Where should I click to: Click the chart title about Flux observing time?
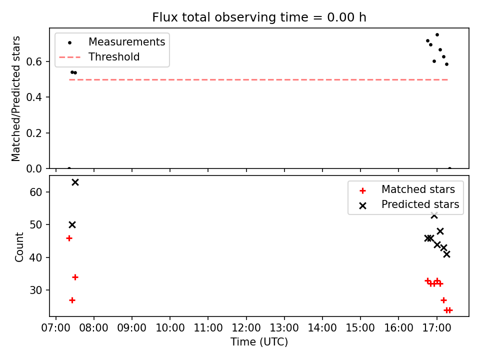coord(259,17)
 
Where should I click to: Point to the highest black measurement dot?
coord(437,35)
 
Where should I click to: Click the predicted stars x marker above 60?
coord(75,182)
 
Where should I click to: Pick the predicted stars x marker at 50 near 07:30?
coord(72,225)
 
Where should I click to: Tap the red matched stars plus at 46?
coord(69,238)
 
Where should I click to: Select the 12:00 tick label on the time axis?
coord(246,328)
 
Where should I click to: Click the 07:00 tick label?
coord(55,328)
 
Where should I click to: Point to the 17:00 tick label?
coord(436,328)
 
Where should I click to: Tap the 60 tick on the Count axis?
coord(35,192)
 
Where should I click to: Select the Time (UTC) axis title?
coord(259,342)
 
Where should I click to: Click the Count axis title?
coord(19,247)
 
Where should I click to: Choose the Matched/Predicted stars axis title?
coord(15,98)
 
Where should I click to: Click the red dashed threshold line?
coord(258,80)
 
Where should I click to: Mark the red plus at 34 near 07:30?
coord(75,277)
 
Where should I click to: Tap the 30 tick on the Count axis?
coord(35,290)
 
